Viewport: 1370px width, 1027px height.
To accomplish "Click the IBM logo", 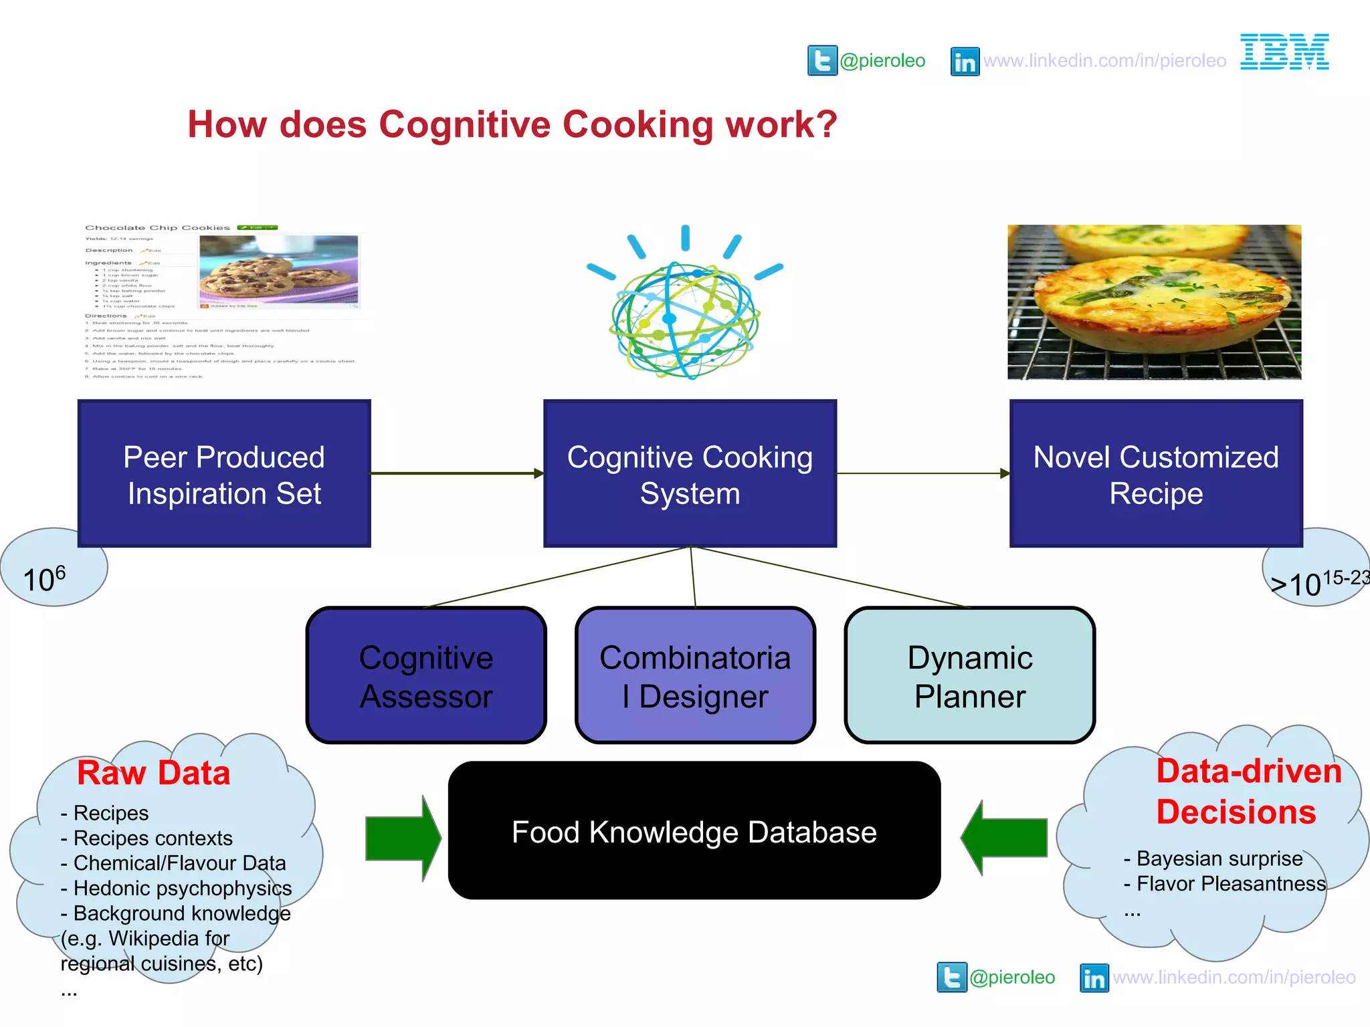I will coord(1284,52).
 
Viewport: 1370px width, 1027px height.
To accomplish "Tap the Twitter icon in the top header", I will coord(822,61).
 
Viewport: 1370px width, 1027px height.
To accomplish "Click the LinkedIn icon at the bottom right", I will coord(1094,978).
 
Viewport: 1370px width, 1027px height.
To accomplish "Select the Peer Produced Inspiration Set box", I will coord(224,474).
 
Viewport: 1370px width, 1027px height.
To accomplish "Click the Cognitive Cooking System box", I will coord(690,474).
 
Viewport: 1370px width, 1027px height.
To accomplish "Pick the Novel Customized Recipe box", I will coord(1156,474).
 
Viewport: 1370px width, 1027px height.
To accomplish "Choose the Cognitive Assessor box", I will coord(426,676).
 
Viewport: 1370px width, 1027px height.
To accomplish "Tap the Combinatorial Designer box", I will coord(695,676).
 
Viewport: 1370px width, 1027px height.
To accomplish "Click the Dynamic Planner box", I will coord(969,676).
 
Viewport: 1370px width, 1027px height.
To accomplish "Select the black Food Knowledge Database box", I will coord(694,831).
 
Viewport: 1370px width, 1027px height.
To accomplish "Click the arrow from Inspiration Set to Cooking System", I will coord(456,473).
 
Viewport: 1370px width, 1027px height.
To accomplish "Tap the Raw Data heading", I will coord(153,773).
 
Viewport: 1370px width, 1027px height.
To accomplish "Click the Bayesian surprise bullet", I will coord(1213,859).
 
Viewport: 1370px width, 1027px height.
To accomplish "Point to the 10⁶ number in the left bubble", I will coord(44,578).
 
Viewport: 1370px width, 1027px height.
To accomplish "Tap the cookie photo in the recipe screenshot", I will coord(279,270).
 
